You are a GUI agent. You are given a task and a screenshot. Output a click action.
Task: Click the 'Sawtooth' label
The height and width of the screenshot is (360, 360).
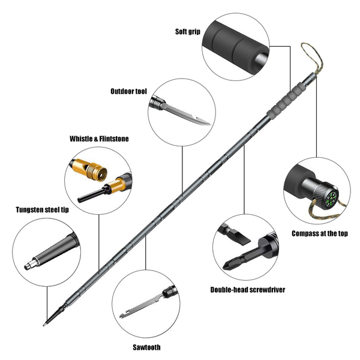146,347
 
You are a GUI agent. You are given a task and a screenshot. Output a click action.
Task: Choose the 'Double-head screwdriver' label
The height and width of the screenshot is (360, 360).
247,289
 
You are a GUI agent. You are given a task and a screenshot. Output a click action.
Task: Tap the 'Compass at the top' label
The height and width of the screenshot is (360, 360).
319,233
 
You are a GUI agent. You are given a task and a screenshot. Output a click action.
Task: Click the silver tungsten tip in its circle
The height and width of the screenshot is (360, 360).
31,264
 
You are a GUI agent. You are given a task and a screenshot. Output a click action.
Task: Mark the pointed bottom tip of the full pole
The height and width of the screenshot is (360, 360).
46,325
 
